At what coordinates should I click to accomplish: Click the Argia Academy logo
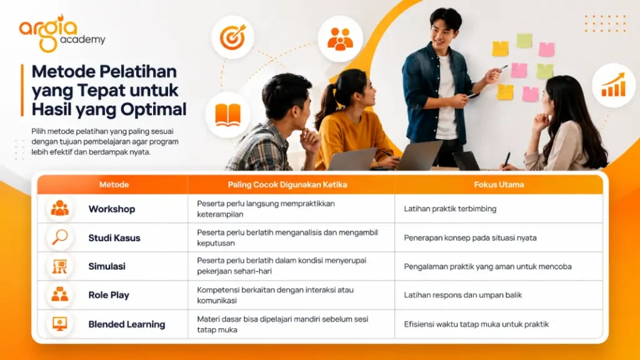tap(62, 34)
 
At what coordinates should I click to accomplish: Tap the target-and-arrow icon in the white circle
tap(232, 37)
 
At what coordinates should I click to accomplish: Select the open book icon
tap(227, 115)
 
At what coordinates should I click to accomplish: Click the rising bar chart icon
tap(614, 85)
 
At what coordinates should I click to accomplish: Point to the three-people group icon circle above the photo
tap(340, 39)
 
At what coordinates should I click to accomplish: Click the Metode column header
tap(114, 184)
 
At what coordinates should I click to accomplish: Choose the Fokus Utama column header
tap(499, 184)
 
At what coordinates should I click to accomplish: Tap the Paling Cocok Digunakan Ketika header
tap(287, 184)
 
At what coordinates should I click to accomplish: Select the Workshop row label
tap(112, 209)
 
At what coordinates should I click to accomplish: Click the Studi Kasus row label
tap(114, 238)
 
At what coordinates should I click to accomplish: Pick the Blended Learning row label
tap(127, 324)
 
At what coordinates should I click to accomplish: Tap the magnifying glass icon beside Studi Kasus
tap(59, 237)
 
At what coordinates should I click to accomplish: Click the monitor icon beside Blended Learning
tap(59, 324)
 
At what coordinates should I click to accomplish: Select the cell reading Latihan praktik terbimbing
tap(450, 209)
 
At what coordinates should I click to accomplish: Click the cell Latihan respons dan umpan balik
tap(463, 295)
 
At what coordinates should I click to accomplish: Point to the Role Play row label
tap(109, 295)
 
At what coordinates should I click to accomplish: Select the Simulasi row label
tap(107, 266)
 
